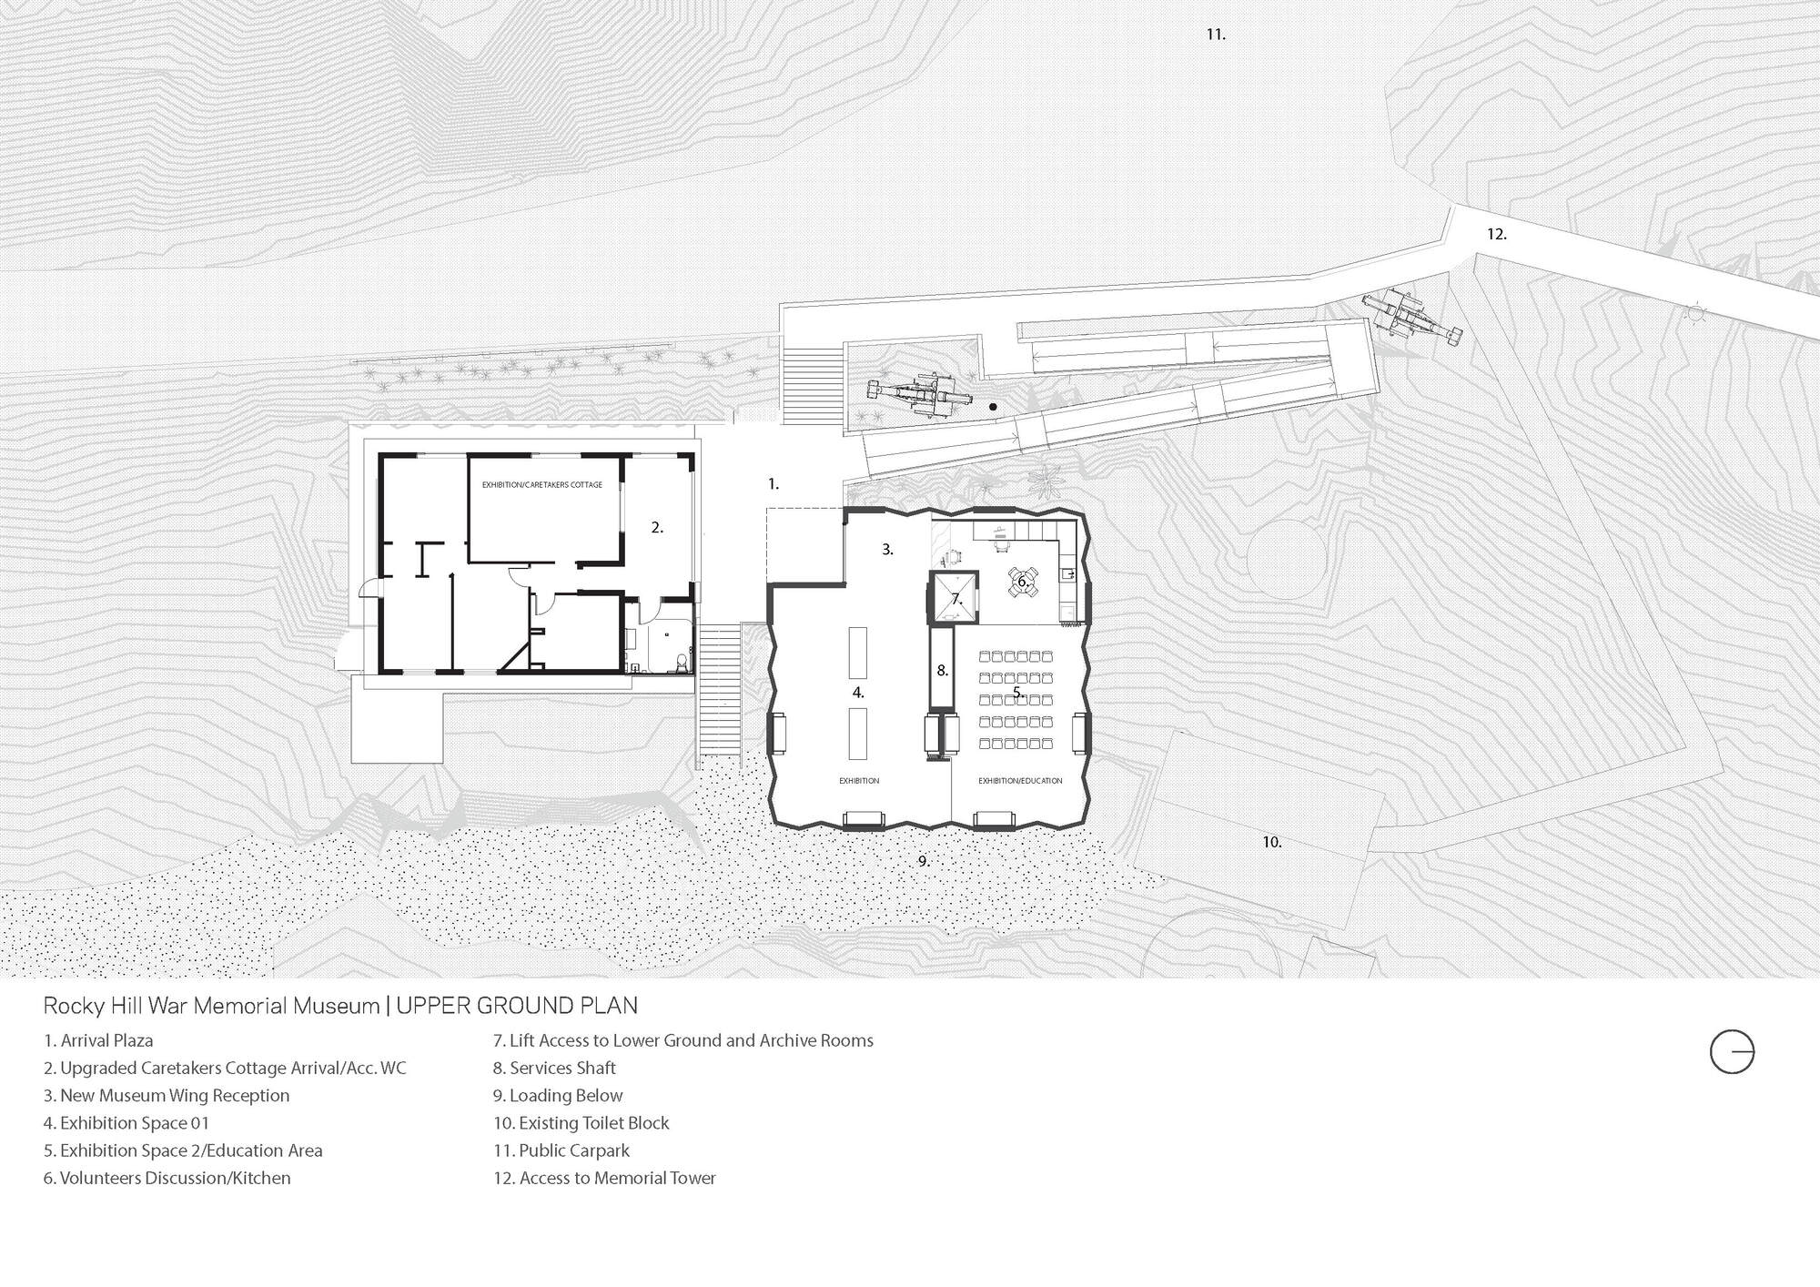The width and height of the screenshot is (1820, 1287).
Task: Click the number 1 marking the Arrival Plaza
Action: point(773,484)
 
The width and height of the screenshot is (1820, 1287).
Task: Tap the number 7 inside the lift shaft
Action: point(955,600)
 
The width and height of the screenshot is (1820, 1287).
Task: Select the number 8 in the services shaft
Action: point(942,671)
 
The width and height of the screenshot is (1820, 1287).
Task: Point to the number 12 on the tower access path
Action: point(1496,234)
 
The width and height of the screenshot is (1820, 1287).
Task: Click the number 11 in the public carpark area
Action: point(1215,35)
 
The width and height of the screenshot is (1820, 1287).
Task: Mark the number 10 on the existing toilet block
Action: point(1271,843)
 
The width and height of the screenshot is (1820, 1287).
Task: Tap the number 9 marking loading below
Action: point(923,861)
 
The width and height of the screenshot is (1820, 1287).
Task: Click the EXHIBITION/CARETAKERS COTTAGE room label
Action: point(541,485)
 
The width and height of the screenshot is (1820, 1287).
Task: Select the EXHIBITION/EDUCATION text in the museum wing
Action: point(1020,781)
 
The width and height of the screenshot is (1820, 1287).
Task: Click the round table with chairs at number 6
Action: point(1022,582)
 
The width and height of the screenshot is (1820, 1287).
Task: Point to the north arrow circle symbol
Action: point(1731,1053)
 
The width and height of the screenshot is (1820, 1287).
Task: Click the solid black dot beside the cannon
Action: point(993,407)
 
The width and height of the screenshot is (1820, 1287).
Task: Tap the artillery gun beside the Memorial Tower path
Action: point(1410,318)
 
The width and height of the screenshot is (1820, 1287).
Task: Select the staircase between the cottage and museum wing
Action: point(719,689)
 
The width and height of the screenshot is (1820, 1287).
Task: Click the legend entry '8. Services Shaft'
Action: point(554,1069)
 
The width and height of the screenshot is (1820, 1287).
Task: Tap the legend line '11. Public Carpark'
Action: point(561,1150)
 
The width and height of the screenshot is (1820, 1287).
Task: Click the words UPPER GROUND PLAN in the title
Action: point(516,1006)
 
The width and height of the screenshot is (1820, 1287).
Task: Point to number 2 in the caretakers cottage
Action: point(656,528)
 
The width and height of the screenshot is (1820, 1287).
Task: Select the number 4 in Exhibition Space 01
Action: point(857,693)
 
